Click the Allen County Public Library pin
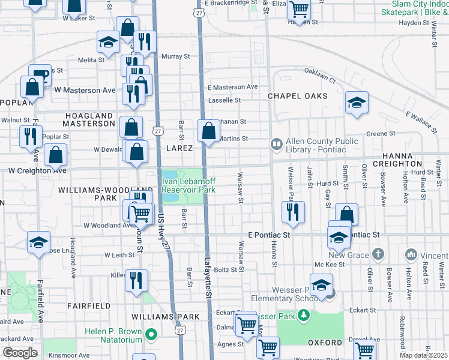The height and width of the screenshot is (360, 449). [276, 144]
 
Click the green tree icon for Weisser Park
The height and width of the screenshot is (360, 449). [304, 314]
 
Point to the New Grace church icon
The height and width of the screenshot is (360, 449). [378, 254]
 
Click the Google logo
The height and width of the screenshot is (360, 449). [20, 353]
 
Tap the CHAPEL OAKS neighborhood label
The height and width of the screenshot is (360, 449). [298, 96]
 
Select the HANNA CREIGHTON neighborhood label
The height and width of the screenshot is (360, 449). [397, 158]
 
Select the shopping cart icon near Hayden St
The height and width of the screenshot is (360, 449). [298, 10]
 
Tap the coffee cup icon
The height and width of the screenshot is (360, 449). [40, 76]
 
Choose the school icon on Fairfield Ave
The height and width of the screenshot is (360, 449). [39, 243]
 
